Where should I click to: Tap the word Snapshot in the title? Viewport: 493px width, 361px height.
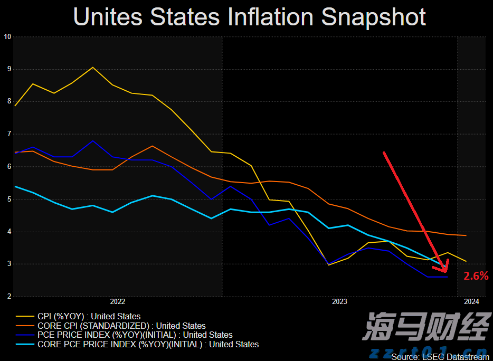374,17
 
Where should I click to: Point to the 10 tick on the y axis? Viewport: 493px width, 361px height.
7,36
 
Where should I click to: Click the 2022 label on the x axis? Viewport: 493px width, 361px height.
117,302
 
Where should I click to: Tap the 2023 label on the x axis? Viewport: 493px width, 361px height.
339,302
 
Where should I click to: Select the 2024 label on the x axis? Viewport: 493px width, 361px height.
471,302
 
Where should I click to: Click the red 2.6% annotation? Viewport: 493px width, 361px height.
476,275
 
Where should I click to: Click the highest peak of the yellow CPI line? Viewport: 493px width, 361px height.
93,67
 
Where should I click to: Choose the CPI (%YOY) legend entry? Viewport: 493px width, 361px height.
89,317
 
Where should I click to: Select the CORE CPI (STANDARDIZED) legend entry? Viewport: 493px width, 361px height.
121,326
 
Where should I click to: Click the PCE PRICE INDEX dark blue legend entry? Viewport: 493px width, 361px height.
135,335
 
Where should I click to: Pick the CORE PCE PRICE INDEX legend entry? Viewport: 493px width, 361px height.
148,345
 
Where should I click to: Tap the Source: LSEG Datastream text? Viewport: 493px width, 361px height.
440,357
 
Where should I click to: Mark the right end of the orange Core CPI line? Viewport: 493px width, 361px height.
466,235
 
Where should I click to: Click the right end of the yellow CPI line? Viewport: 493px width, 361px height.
466,261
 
